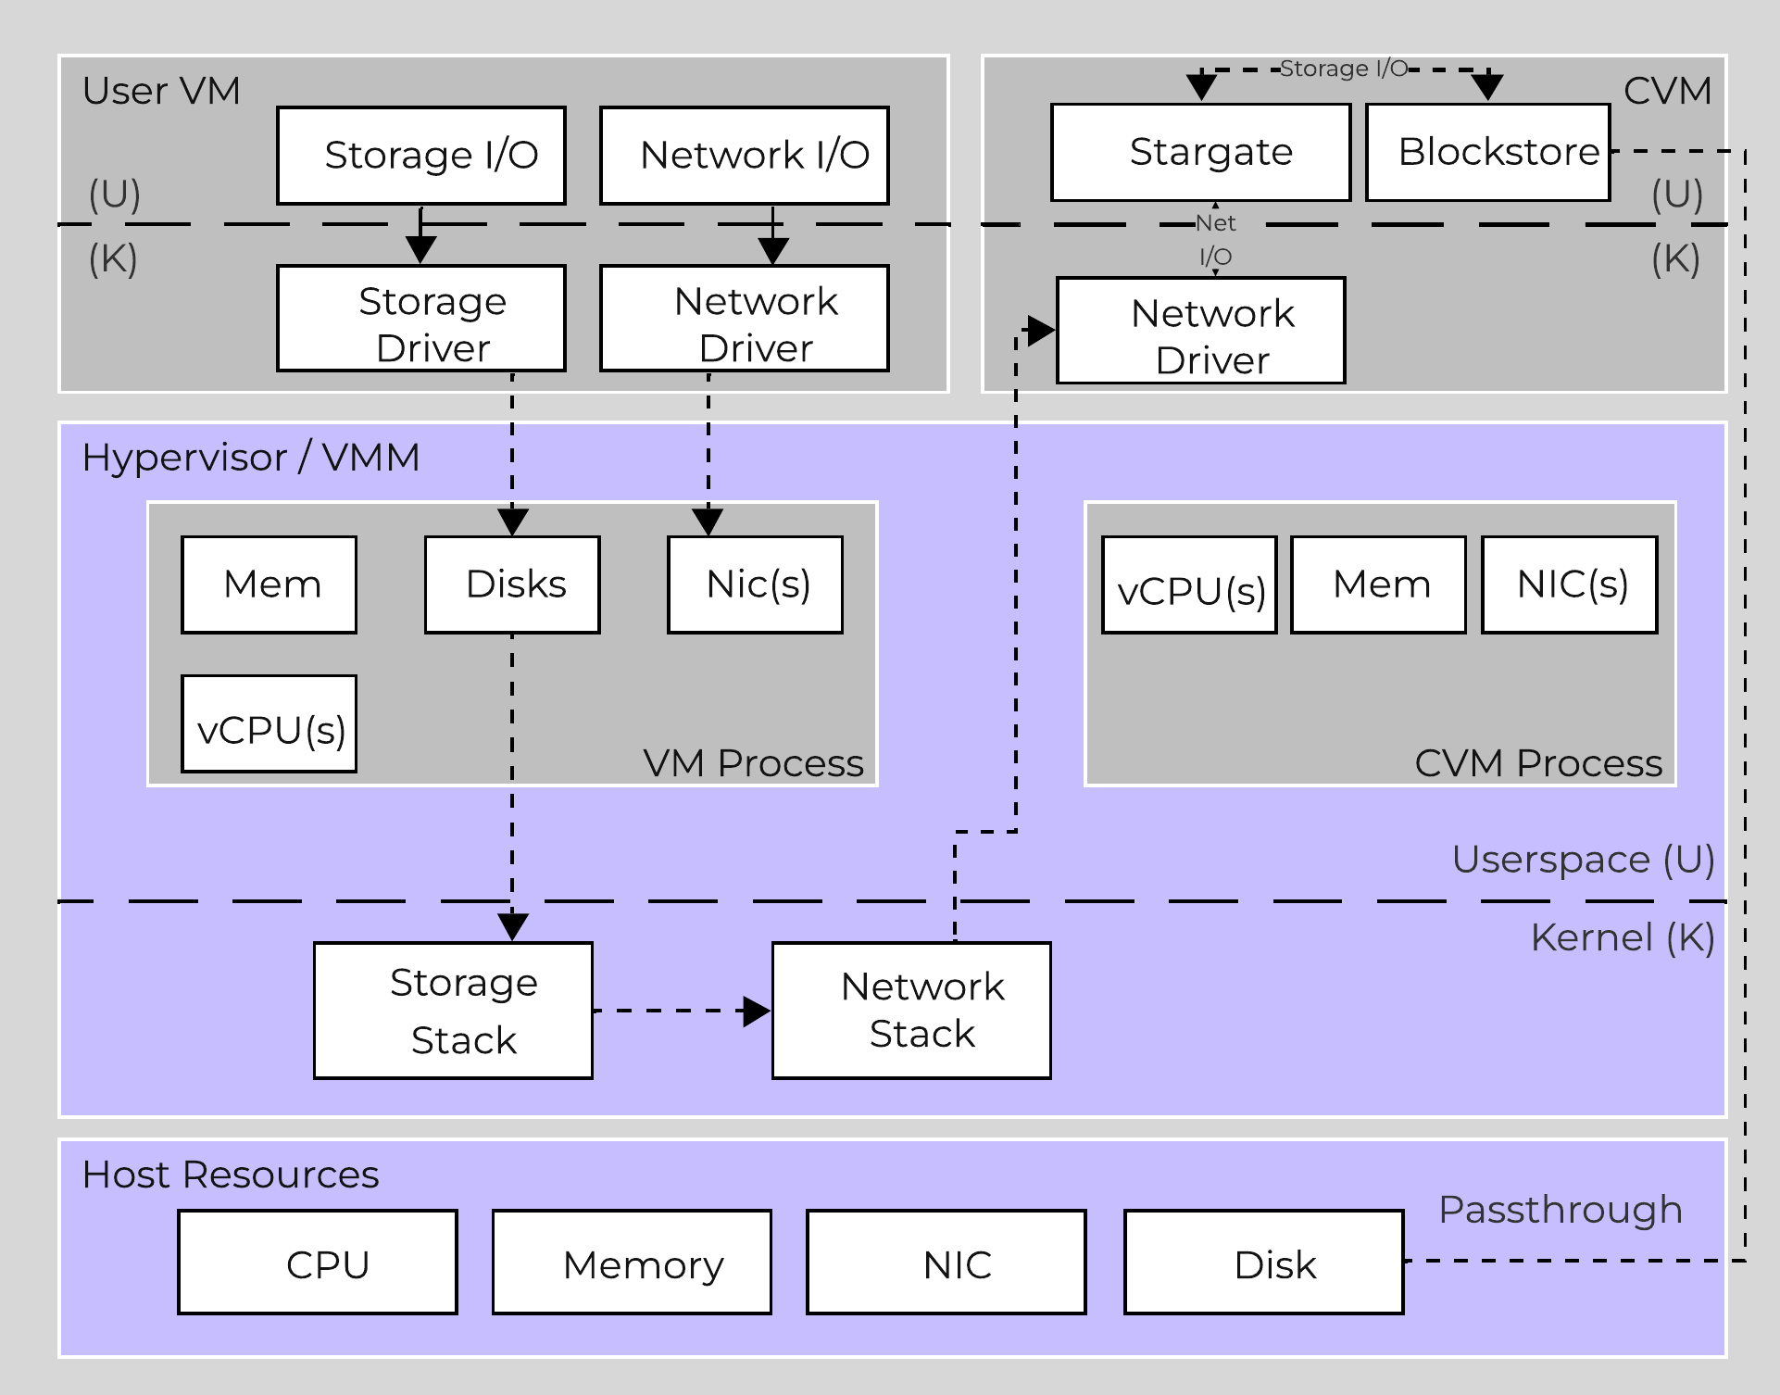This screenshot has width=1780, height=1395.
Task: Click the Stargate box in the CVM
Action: pos(1200,152)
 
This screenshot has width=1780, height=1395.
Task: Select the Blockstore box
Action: pos(1487,152)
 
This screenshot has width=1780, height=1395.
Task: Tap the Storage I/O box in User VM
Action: pos(421,156)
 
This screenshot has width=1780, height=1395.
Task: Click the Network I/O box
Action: pos(744,156)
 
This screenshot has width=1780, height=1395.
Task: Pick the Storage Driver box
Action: pos(421,319)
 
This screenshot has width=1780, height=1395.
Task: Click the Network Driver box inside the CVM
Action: pos(1200,331)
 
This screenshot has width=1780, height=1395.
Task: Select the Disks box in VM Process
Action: pos(512,584)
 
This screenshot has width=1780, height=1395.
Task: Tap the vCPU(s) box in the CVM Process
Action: pos(1189,585)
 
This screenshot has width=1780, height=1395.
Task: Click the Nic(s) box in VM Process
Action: pos(755,584)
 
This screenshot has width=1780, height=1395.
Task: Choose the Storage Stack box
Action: pos(453,1011)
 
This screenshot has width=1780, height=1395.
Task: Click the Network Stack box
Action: pos(911,1011)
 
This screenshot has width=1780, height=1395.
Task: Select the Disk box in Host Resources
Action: pos(1263,1262)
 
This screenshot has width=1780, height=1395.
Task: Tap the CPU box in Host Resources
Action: pos(318,1262)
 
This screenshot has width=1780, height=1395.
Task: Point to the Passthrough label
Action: pos(1560,1210)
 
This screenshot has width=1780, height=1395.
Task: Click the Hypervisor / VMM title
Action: pos(250,458)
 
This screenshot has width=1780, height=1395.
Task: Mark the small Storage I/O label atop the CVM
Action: pos(1343,69)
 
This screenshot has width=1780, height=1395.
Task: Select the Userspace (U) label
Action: pos(1582,860)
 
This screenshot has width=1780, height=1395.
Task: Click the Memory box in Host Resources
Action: pos(632,1262)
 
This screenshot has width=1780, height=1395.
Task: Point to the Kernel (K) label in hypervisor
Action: pos(1622,937)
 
